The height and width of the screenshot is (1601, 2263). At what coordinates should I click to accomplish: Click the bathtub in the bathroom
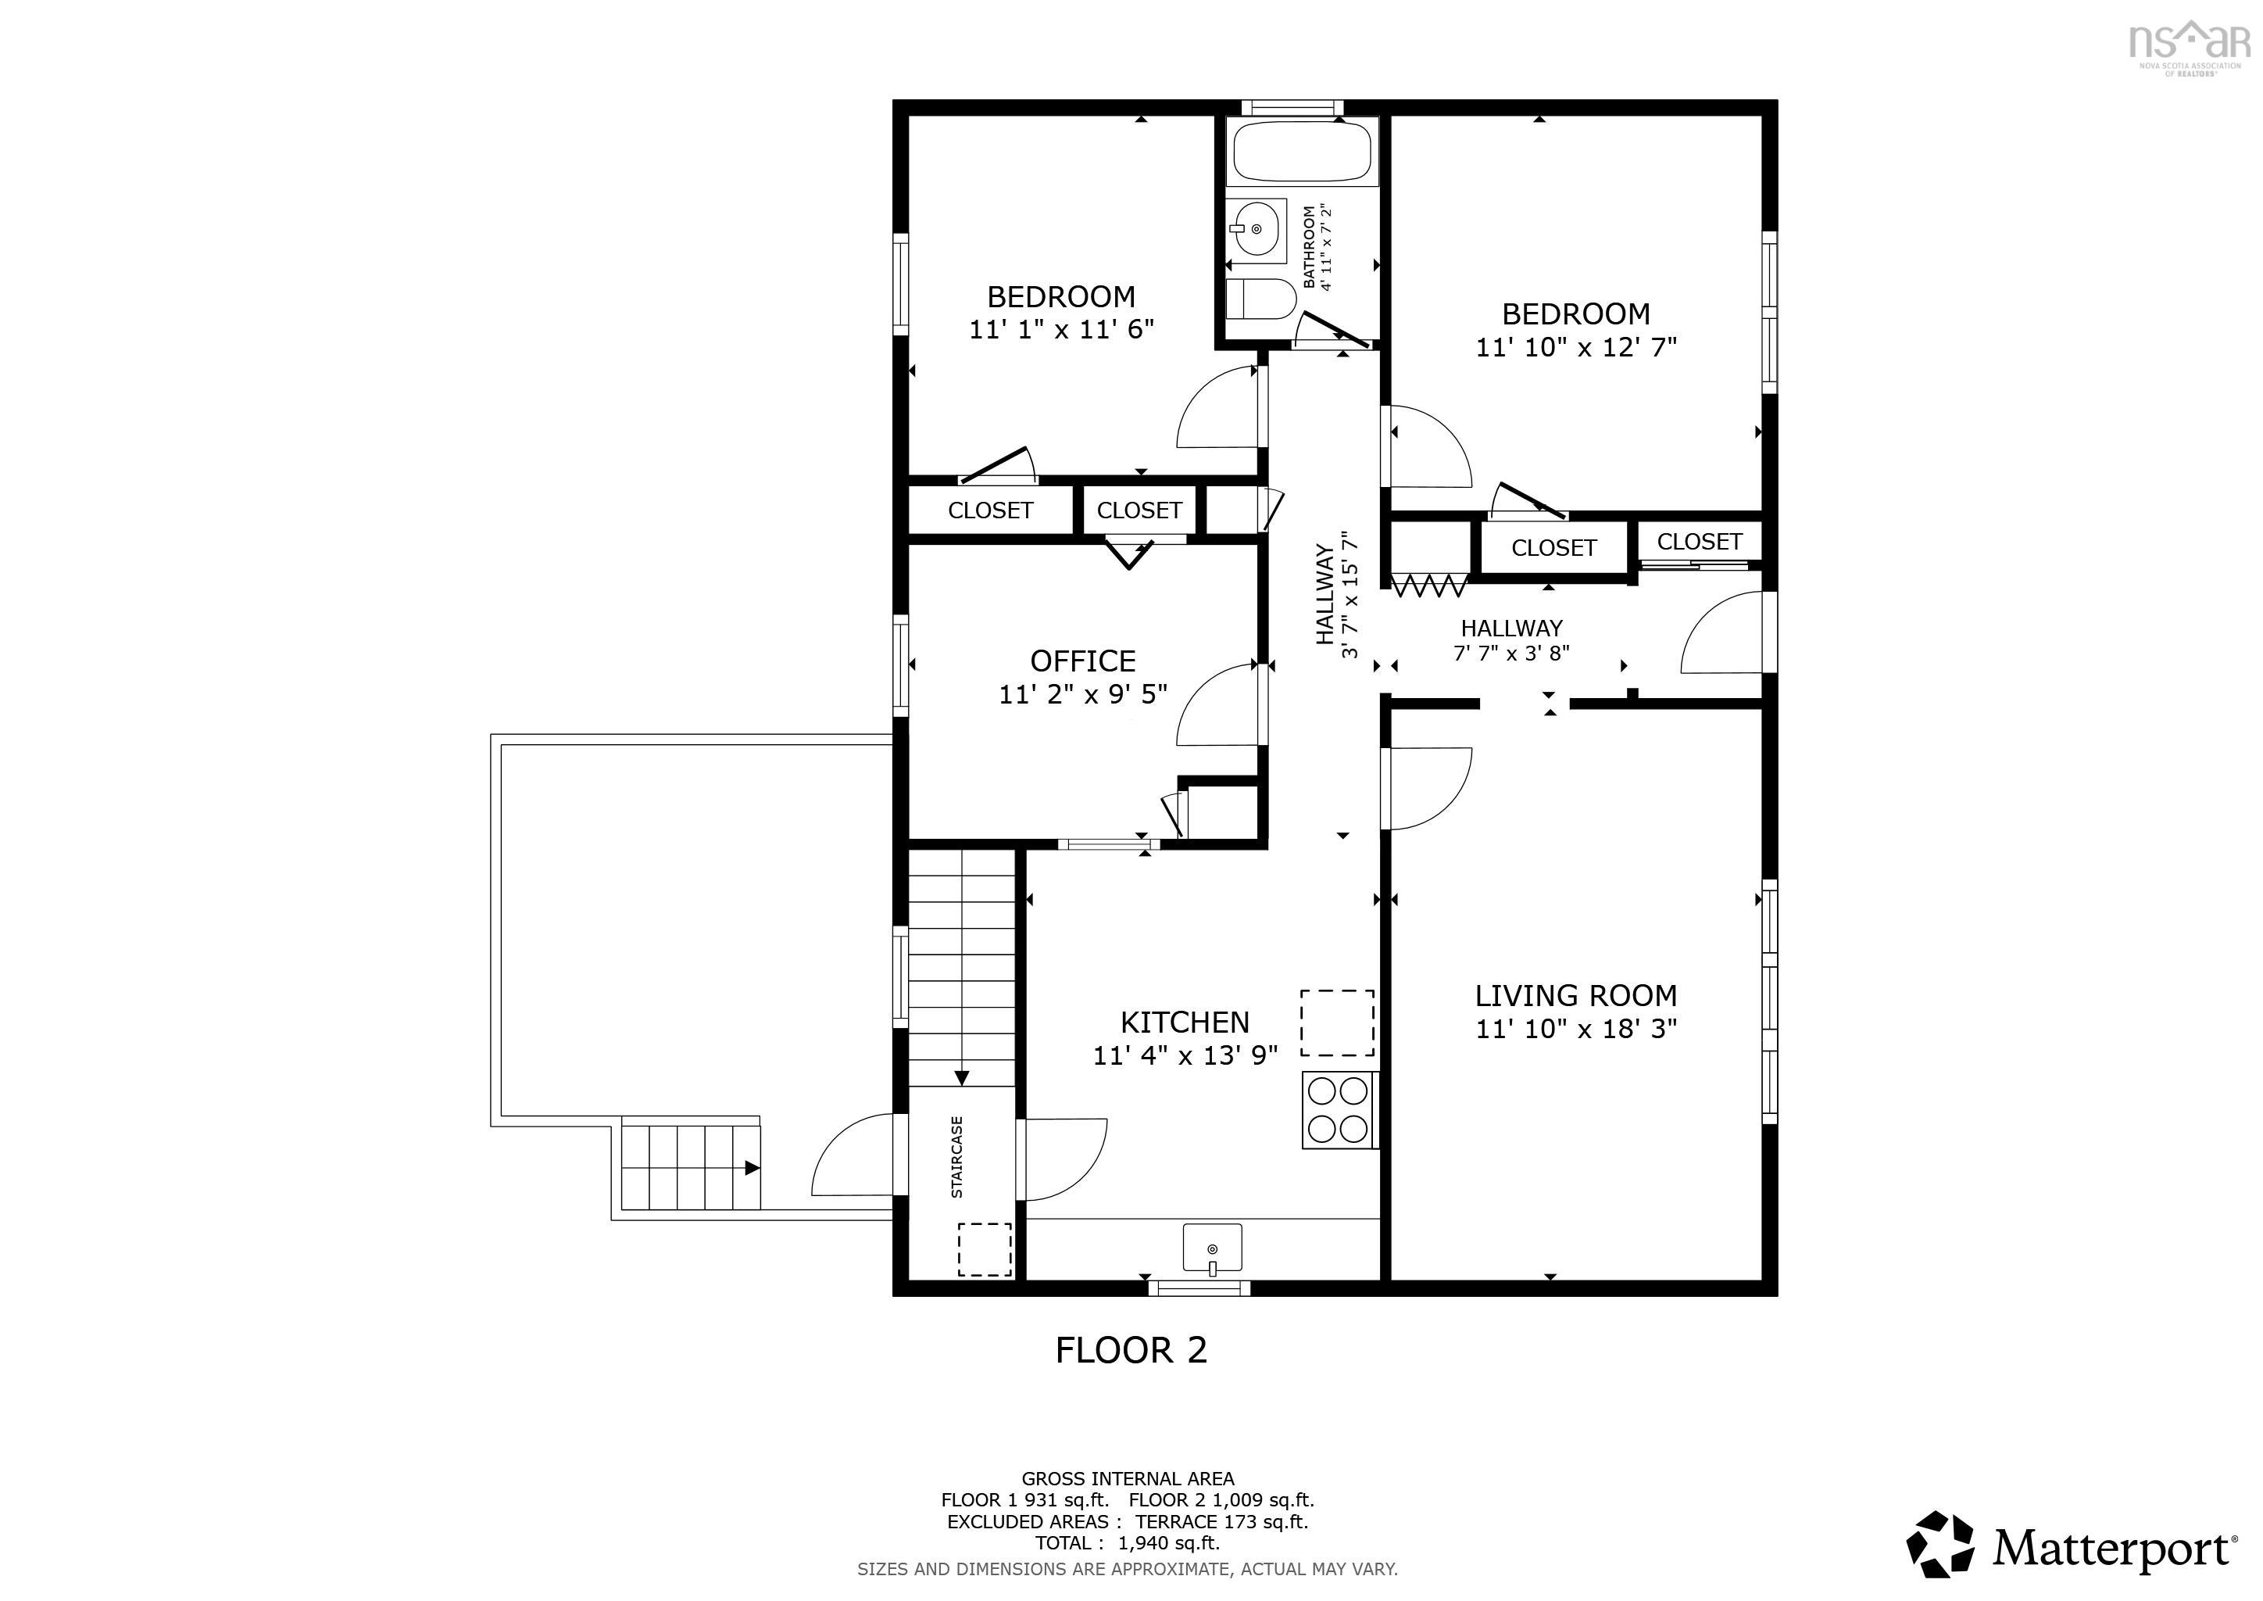[1301, 151]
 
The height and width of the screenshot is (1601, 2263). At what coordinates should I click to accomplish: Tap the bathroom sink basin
[1257, 231]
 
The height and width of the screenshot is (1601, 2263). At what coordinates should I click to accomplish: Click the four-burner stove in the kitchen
[1339, 1110]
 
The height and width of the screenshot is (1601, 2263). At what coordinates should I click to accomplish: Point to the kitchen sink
[1211, 1249]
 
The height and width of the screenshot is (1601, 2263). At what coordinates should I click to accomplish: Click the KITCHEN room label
[1185, 1023]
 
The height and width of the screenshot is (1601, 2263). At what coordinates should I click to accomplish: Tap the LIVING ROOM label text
[1576, 996]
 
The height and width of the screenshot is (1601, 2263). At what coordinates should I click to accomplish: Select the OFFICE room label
[1082, 661]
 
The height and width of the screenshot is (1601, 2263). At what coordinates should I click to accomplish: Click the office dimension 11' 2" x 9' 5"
[1082, 694]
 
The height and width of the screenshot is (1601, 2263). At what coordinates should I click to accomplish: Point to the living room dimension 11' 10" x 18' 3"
[1576, 1028]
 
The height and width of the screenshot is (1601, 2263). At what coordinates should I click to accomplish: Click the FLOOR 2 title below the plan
[1131, 1349]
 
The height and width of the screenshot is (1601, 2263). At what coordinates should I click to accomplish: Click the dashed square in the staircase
[985, 1250]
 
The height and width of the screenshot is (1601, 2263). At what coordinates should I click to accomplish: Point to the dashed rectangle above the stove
[1338, 1023]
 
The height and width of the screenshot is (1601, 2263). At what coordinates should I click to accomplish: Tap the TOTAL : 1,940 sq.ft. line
[1128, 1543]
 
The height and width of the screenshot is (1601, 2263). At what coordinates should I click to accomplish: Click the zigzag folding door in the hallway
[1428, 586]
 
